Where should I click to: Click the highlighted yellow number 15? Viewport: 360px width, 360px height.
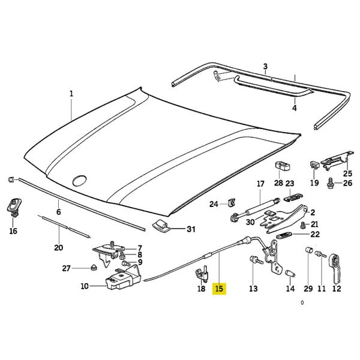click(219, 289)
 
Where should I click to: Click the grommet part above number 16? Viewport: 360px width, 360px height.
click(13, 206)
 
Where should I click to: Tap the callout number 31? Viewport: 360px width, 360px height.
click(191, 229)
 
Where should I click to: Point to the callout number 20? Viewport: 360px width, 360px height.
click(58, 247)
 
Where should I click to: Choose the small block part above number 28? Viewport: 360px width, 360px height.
click(279, 166)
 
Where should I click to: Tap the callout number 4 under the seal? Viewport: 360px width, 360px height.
click(294, 109)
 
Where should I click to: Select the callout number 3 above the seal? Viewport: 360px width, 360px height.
click(265, 66)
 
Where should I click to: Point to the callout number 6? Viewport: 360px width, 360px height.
click(58, 212)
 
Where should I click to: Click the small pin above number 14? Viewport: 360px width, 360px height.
click(290, 273)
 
